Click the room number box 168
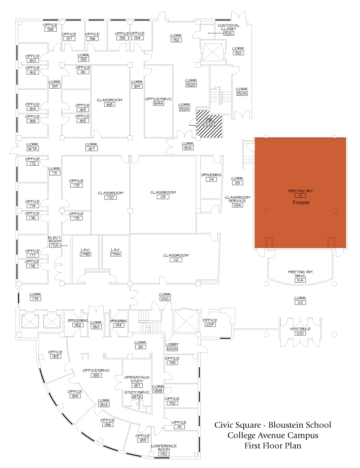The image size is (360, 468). pos(109,104)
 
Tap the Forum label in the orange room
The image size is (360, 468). pos(301,202)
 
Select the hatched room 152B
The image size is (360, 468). pos(209,124)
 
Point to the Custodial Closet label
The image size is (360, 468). pos(228,27)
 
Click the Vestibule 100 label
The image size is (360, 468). pos(300,331)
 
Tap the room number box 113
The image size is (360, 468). pos(163,197)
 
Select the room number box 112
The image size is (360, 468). pos(176,260)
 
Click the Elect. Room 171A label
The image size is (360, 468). pos(55,242)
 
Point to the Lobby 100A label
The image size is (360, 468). pos(172,347)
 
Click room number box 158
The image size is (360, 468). pos(50,30)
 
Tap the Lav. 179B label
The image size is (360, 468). pos(85,252)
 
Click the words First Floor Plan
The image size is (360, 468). pos(273,446)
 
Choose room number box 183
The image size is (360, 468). pos(55,356)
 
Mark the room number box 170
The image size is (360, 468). pos(110,197)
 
